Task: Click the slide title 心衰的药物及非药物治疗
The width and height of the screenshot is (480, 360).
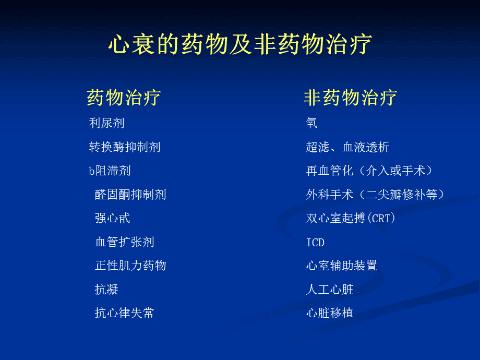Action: [x=240, y=44]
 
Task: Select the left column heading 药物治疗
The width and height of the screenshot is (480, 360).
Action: [x=124, y=98]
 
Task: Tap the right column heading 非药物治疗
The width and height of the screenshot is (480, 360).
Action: [x=350, y=98]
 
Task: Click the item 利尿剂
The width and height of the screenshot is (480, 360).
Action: [x=106, y=123]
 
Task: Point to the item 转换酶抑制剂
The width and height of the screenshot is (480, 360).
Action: [x=125, y=147]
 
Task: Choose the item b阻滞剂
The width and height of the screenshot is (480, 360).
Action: [x=110, y=171]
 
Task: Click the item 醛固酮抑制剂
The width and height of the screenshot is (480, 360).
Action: [x=130, y=195]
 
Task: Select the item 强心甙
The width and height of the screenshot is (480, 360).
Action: [x=113, y=218]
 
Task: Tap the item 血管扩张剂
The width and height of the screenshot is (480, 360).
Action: [x=125, y=242]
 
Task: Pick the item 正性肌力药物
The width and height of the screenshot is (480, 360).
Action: [x=130, y=266]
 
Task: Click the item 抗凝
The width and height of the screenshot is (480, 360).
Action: [x=106, y=289]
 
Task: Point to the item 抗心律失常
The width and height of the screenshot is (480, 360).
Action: [x=125, y=313]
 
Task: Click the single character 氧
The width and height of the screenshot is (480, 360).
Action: [x=312, y=123]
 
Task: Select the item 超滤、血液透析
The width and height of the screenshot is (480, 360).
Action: [x=348, y=147]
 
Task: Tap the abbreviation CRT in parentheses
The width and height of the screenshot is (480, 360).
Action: [x=381, y=219]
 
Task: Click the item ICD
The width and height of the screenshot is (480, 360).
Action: [x=315, y=243]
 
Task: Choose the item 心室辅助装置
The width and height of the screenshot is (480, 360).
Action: [x=342, y=266]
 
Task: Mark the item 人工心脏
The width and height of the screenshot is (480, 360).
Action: [x=330, y=289]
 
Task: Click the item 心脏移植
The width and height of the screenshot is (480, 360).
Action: [x=330, y=313]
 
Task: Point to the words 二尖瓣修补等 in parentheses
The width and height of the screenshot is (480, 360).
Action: [x=401, y=195]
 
